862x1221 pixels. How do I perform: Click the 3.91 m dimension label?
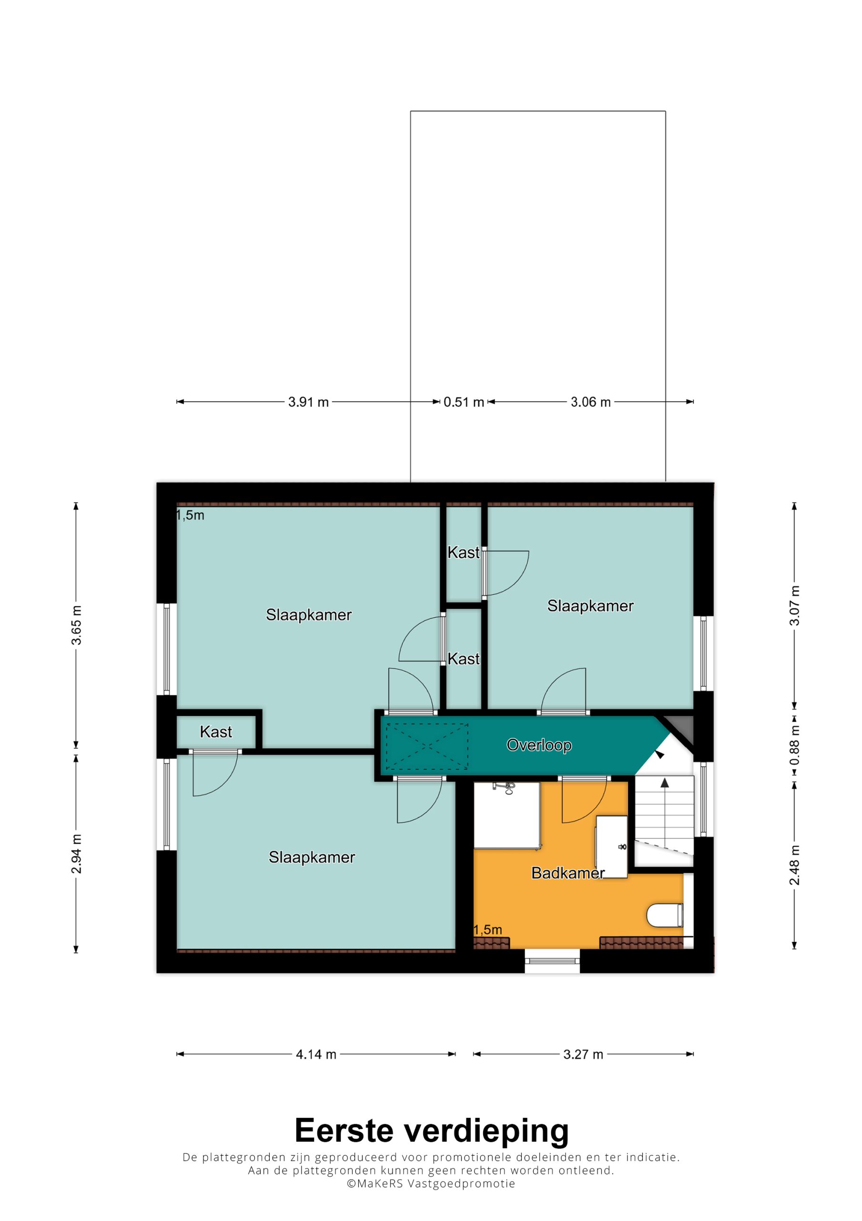point(308,402)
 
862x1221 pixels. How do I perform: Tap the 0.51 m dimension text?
point(464,402)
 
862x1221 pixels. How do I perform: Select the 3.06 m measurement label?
point(590,402)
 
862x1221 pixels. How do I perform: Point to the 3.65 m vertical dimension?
point(77,625)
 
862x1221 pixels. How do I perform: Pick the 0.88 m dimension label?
point(794,745)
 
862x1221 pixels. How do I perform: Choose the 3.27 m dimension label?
point(583,1055)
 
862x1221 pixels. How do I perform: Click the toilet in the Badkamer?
point(665,915)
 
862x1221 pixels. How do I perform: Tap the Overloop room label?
point(539,745)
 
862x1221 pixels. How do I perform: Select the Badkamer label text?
point(568,873)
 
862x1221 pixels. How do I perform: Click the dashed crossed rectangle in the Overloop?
point(427,746)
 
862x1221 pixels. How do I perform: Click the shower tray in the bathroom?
point(507,814)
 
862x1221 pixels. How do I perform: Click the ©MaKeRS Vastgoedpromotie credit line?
point(431,1194)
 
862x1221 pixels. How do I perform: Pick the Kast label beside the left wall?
point(216,732)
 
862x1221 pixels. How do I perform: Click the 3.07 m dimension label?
point(794,606)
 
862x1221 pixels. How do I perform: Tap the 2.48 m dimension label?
point(794,865)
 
